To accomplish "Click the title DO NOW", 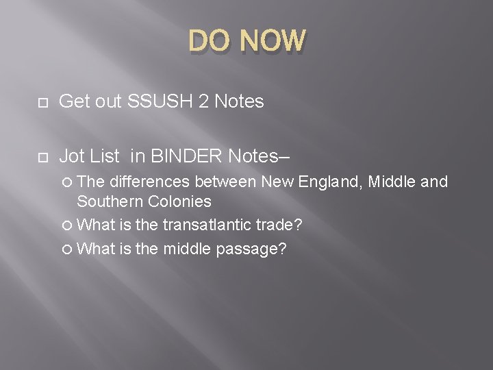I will [x=246, y=41].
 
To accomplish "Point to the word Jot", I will [x=72, y=156].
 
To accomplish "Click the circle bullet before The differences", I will [x=66, y=182].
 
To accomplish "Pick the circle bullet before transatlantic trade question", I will [x=66, y=225].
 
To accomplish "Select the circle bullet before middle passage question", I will [x=66, y=249].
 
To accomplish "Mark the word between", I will [x=220, y=182].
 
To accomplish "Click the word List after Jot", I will [x=105, y=156].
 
